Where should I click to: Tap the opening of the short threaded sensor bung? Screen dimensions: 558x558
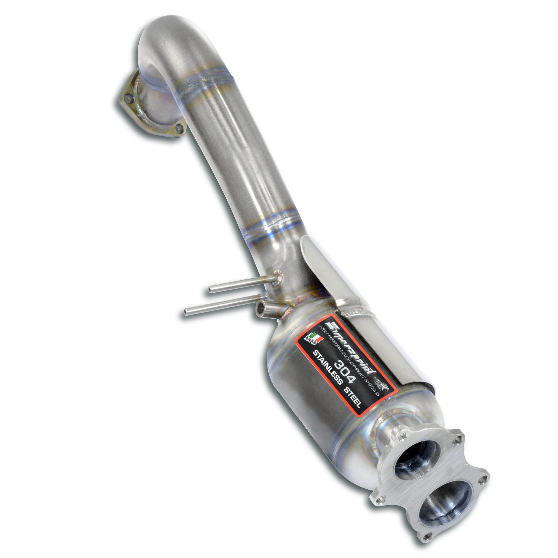click(260, 308)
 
